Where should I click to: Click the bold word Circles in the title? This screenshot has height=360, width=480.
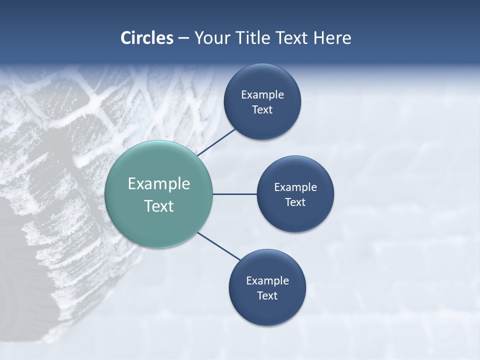pos(146,38)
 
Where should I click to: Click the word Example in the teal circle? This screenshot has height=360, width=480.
pos(158,184)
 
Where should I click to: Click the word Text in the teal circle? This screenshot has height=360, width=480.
pos(158,206)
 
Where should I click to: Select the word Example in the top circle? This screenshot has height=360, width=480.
pos(262,95)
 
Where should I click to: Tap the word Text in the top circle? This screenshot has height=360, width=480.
pos(262,110)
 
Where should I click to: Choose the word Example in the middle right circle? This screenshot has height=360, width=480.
pos(295,187)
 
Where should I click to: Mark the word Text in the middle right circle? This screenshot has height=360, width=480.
pos(295,202)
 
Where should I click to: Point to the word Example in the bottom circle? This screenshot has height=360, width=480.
pos(267,281)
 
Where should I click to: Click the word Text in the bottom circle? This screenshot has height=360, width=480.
pos(267,296)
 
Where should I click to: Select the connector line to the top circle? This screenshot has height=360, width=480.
pos(216,142)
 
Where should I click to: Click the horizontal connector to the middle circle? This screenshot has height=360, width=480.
pos(234,194)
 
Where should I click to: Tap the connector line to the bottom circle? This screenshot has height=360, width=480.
pos(219,246)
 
